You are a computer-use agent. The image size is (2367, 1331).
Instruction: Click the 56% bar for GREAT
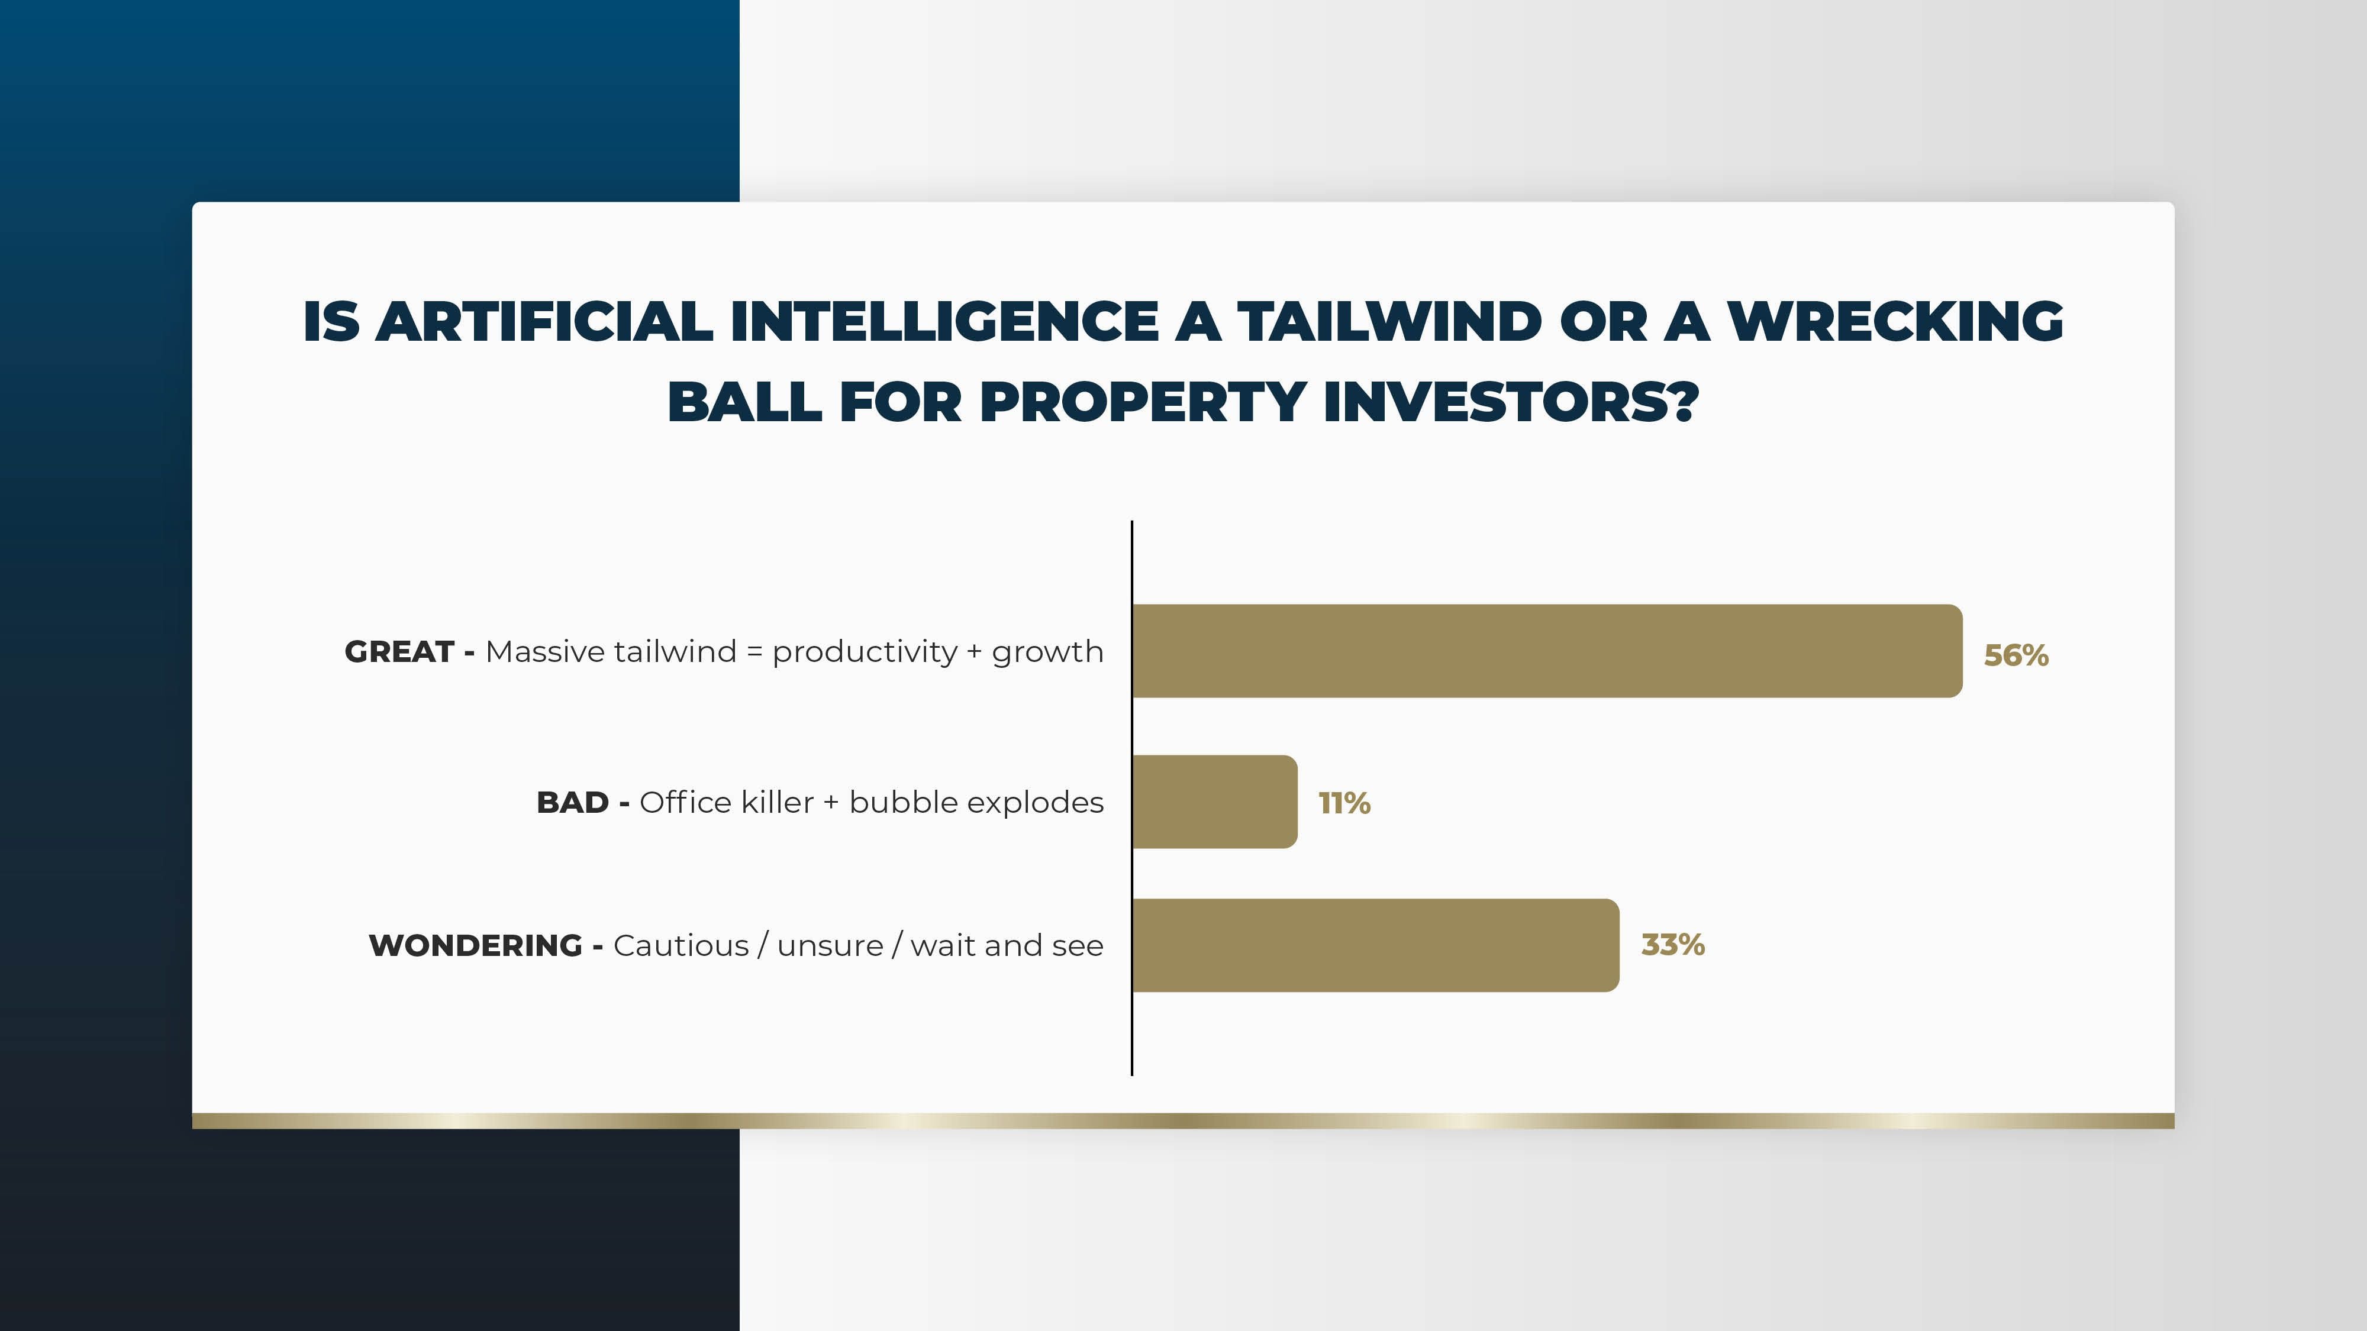[1547, 651]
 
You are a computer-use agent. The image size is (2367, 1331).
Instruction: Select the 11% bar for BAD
[1215, 802]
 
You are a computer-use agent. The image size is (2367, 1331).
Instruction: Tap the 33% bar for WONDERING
[1376, 945]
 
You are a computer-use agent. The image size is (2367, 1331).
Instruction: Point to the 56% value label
[2016, 655]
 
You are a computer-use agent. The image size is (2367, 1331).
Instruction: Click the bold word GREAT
[399, 651]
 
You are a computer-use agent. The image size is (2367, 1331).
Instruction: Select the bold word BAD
[572, 802]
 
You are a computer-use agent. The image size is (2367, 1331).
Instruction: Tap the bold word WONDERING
[475, 945]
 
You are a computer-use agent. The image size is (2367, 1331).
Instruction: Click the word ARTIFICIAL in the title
[544, 321]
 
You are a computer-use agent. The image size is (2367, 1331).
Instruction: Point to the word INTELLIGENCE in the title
[944, 321]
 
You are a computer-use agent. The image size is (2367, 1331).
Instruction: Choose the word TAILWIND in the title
[1389, 321]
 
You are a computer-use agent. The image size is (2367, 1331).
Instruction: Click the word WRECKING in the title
[1895, 321]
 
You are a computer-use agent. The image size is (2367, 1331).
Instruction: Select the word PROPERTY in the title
[1143, 402]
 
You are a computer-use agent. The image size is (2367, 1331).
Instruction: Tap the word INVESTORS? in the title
[1511, 402]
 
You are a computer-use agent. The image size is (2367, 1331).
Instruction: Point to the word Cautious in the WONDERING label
[681, 945]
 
